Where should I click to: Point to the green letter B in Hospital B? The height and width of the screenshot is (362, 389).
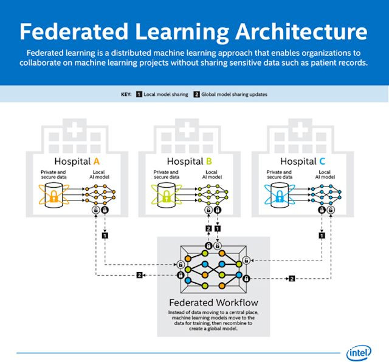click(210, 162)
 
